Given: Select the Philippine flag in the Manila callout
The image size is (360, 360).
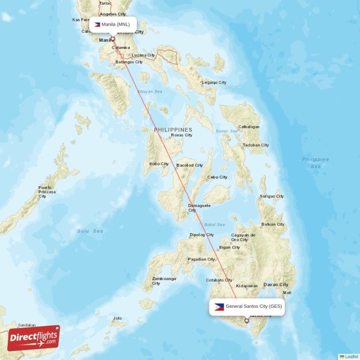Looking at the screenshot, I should click(x=97, y=24).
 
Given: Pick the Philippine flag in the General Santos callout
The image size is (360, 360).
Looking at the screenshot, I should click(x=219, y=307).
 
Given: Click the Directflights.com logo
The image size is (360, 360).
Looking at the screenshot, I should click(x=34, y=338).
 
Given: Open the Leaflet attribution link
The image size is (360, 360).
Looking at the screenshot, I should click(x=351, y=356).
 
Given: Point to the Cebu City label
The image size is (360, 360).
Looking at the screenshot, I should click(x=217, y=177).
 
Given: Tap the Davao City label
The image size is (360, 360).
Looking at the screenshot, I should click(x=275, y=285).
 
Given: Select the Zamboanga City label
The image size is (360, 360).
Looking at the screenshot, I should click(x=164, y=281).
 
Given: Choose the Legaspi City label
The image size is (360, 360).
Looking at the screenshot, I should click(x=214, y=83).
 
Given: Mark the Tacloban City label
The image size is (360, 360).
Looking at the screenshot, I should click(x=256, y=145).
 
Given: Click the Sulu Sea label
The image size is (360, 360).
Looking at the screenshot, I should click(x=90, y=231).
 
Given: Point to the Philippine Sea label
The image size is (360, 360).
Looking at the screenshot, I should click(x=315, y=163).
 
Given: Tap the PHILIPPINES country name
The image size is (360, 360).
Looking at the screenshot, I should click(x=173, y=130).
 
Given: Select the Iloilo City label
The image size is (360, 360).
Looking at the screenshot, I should click(x=159, y=164).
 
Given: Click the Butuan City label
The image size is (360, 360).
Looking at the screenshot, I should click(x=273, y=225).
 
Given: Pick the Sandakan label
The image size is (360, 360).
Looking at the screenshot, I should click(x=27, y=325).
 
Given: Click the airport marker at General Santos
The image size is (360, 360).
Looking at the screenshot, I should click(x=246, y=320).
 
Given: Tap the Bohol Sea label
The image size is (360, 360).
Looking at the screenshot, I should click(x=214, y=225).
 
